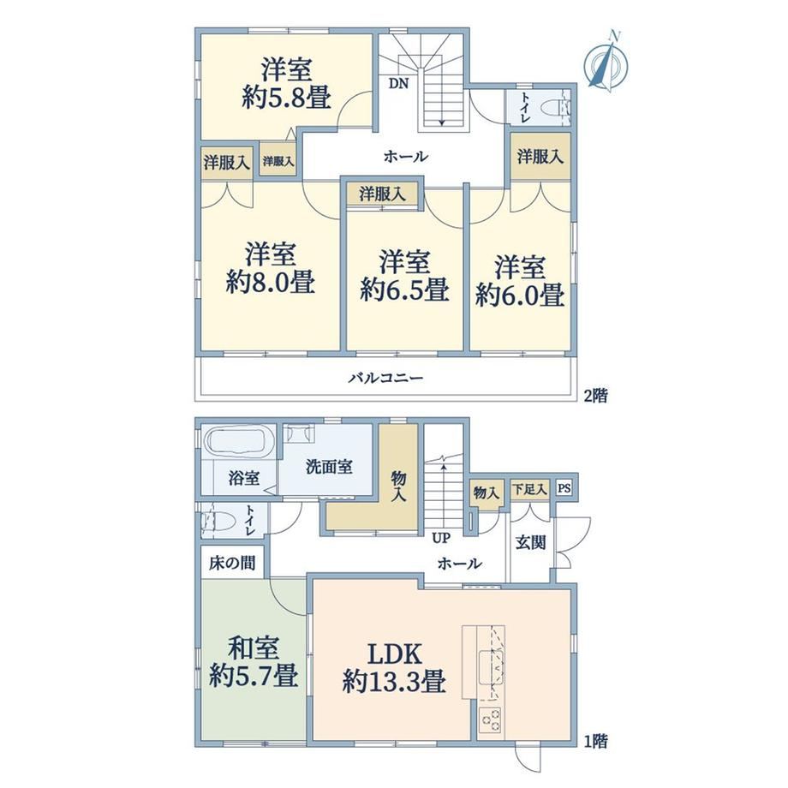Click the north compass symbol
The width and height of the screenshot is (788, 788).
[x=607, y=63]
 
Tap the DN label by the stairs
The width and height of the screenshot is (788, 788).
[x=398, y=83]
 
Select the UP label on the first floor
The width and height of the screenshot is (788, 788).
[x=441, y=538]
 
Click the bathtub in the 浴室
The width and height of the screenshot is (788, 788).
[x=236, y=443]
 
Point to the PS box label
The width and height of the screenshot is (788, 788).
[x=564, y=487]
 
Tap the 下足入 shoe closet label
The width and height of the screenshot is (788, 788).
[x=529, y=488]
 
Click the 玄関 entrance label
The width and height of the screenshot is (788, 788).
[x=531, y=542]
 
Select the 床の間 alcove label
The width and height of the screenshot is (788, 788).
[x=232, y=563]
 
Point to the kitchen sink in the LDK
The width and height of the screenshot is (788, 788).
[x=491, y=667]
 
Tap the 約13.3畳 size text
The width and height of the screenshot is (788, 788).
[x=395, y=683]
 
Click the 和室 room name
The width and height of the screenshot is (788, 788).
[x=254, y=648]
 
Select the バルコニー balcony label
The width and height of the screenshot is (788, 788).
[x=386, y=378]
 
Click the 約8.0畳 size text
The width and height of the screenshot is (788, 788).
[x=271, y=282]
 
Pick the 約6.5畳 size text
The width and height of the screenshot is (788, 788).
[x=404, y=290]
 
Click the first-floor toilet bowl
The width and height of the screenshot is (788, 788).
[x=217, y=521]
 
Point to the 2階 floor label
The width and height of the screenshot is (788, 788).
[x=595, y=396]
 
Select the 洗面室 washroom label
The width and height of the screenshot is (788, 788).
[x=329, y=467]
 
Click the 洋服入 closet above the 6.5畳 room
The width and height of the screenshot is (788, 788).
[x=383, y=194]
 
